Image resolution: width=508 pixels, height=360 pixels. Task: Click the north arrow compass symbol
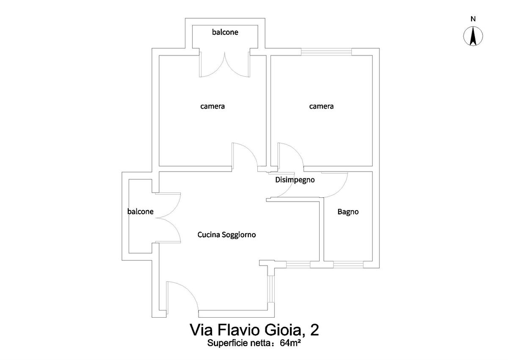coord(473,36)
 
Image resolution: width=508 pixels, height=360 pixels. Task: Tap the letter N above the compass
coord(473,19)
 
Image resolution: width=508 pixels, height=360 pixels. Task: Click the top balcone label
coord(225,32)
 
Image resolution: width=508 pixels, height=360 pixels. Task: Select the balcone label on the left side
coord(141,212)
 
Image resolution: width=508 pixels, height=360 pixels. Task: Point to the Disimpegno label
coord(295,180)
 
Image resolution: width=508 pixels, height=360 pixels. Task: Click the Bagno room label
coord(348,212)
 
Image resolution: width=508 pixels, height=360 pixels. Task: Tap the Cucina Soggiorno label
coord(226,235)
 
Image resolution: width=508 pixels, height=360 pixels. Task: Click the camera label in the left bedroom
coord(213,106)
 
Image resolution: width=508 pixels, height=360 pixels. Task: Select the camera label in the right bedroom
coord(321,106)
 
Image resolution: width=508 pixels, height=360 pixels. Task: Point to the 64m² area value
coord(290,343)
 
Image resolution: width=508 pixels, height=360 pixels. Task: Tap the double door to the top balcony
coord(224,64)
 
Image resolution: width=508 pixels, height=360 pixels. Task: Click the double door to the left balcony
coord(168,218)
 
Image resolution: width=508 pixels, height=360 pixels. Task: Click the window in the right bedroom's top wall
coord(326,52)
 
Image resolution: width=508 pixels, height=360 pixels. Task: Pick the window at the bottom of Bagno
coord(348,265)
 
